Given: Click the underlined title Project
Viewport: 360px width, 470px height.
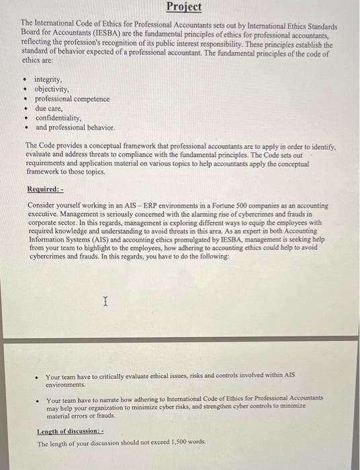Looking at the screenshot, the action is point(183,7).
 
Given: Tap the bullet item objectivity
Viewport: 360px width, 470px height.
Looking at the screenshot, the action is point(52,89).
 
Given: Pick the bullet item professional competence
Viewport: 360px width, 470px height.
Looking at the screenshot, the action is point(73,99).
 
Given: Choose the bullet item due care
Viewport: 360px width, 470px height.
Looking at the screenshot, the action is point(49,107).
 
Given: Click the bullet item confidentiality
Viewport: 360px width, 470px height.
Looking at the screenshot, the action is point(58,117).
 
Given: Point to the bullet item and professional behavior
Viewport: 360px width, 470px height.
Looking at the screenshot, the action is point(75,127).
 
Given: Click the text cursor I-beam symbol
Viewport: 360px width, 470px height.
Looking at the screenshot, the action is point(105,303).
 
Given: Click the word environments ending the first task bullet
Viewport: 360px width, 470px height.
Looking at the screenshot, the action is point(65,385).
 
